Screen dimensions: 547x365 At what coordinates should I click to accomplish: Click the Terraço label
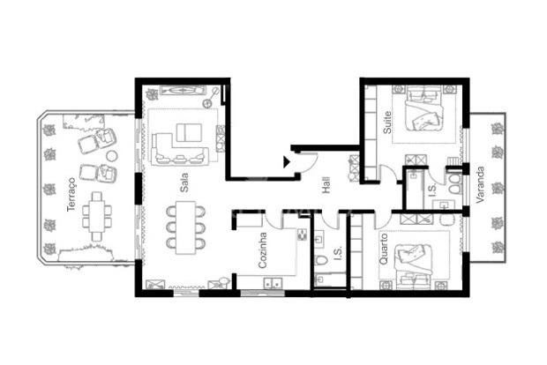click(71, 194)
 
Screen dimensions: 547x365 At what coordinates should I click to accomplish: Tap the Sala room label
click(184, 182)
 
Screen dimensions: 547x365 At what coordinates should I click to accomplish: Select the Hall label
click(326, 185)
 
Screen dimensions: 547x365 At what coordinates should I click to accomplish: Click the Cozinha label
click(263, 250)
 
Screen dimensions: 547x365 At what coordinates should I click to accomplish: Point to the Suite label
click(387, 122)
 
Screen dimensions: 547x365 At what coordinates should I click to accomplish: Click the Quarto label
click(383, 249)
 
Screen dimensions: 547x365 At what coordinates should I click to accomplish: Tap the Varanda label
click(480, 185)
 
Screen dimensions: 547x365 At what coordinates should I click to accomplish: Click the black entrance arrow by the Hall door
click(287, 161)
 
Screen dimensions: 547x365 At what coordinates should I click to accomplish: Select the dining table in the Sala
click(185, 227)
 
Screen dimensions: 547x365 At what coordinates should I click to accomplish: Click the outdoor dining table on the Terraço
click(97, 216)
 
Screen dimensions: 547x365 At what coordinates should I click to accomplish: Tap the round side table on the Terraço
click(112, 156)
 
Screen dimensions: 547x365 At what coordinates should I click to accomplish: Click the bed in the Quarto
click(414, 266)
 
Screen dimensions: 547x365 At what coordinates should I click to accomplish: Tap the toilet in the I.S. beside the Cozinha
click(321, 260)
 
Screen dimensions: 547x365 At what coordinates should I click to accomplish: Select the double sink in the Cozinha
click(273, 283)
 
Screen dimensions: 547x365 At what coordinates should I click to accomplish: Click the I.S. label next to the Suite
click(432, 190)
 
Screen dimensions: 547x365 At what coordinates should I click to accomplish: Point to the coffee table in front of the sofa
click(189, 132)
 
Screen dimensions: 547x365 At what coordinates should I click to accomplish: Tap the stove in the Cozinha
click(302, 235)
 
